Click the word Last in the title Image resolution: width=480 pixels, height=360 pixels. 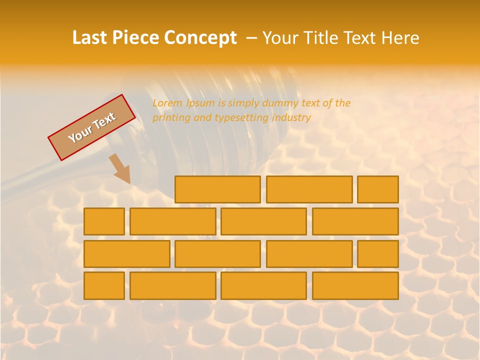pyautogui.click(x=90, y=38)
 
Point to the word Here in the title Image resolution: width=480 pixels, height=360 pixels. pyautogui.click(x=399, y=38)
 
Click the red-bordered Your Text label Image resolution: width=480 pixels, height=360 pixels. pyautogui.click(x=91, y=127)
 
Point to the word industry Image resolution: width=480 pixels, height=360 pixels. pyautogui.click(x=291, y=118)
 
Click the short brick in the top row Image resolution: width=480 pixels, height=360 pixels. pyautogui.click(x=378, y=189)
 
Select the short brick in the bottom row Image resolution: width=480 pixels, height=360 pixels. pyautogui.click(x=104, y=286)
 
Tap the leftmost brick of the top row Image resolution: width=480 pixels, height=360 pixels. pyautogui.click(x=217, y=189)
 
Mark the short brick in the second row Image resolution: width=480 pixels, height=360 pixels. pyautogui.click(x=104, y=221)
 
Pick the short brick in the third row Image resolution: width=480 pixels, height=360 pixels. pyautogui.click(x=378, y=254)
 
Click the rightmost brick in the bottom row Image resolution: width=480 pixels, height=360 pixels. pyautogui.click(x=355, y=286)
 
